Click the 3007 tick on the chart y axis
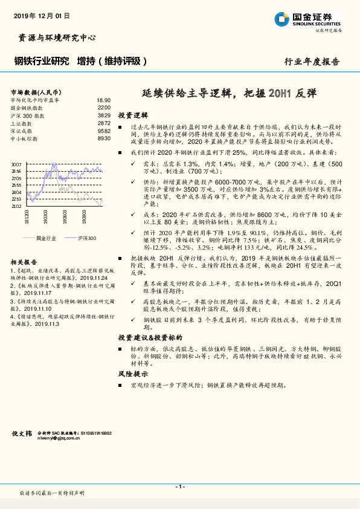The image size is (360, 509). pos(17,164)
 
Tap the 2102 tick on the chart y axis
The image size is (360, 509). pos(17,206)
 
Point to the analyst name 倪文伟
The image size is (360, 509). pos(23,433)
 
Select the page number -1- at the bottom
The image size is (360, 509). pos(179,487)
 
